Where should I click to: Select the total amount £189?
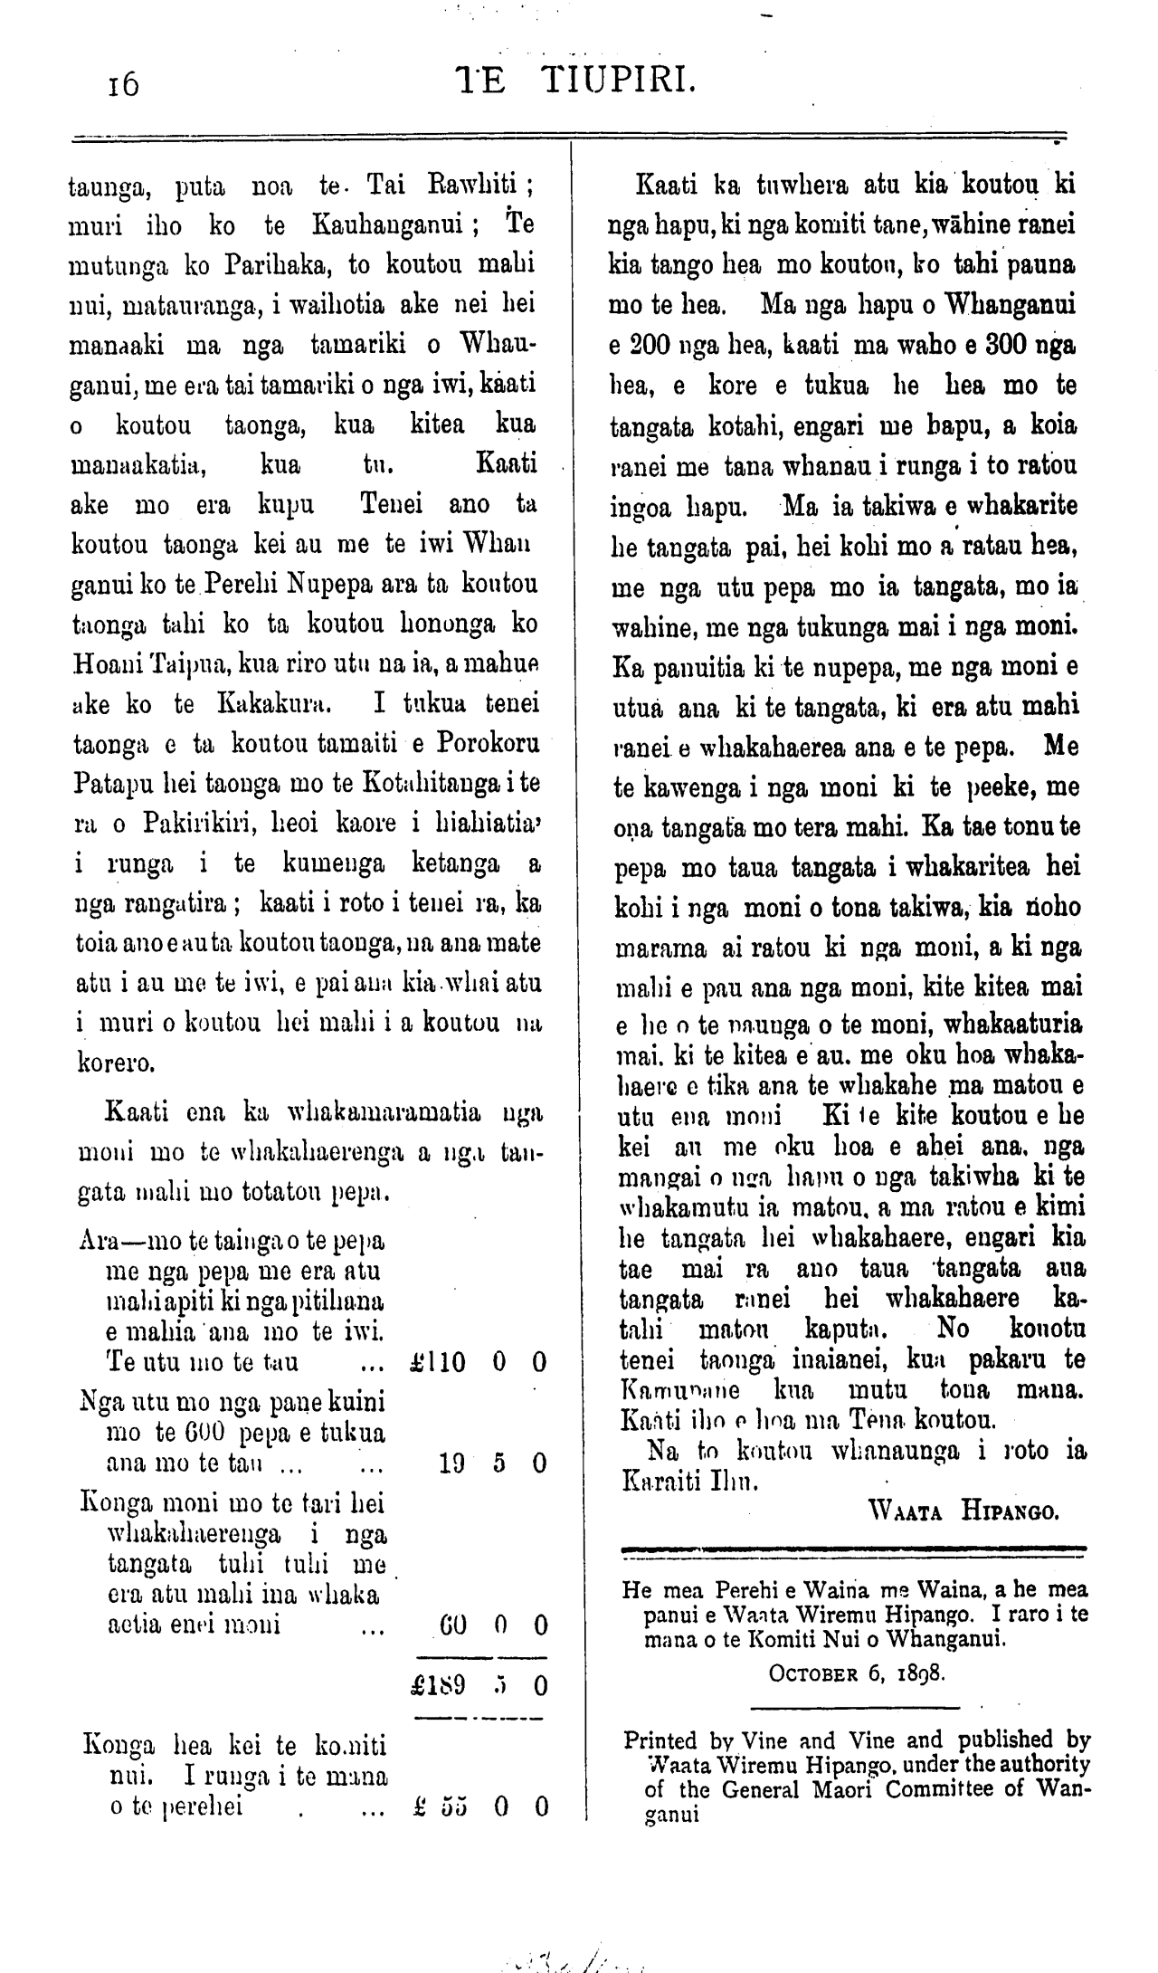point(437,1686)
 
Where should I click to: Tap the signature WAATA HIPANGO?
point(963,1511)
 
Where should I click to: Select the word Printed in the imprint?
point(660,1739)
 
